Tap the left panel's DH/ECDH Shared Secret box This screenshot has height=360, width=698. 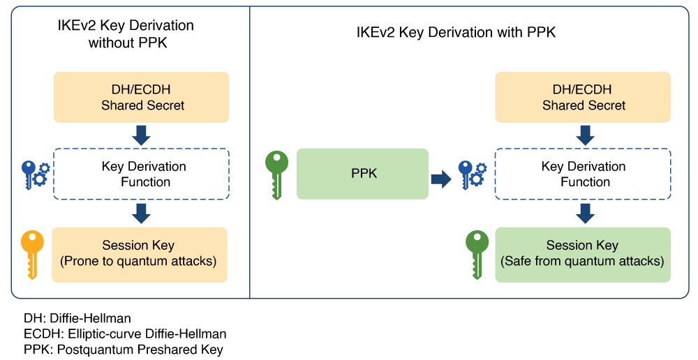(x=141, y=98)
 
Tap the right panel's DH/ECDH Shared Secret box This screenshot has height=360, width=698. (x=584, y=98)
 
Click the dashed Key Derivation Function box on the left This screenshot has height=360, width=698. (x=141, y=174)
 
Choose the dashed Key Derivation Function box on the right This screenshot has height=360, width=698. (x=584, y=174)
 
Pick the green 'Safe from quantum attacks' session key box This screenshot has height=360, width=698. (x=583, y=254)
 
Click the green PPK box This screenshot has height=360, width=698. (x=362, y=174)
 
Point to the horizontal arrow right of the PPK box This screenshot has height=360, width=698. (x=441, y=179)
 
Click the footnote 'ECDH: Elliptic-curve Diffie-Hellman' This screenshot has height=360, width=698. (x=125, y=334)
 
